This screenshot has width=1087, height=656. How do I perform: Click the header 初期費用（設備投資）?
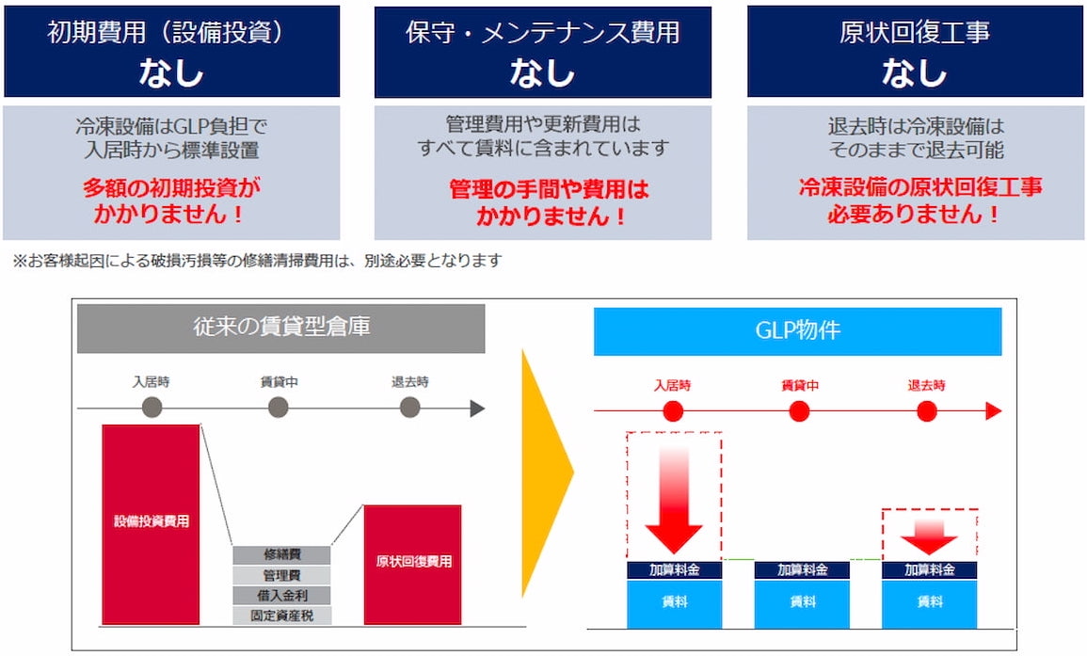[166, 32]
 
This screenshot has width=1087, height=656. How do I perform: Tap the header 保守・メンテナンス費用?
[543, 32]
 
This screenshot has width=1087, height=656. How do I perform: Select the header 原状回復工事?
[915, 32]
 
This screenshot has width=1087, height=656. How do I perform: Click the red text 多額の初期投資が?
[171, 187]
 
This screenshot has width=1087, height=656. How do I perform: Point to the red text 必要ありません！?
[915, 214]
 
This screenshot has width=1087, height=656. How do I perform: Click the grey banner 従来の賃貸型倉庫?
[280, 328]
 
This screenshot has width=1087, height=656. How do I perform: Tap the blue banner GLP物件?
[798, 330]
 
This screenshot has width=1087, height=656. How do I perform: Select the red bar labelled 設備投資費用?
[152, 525]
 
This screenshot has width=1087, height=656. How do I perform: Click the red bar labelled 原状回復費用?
[412, 565]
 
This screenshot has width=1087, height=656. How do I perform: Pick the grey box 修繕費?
[281, 554]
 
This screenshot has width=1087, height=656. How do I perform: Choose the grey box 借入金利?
[281, 596]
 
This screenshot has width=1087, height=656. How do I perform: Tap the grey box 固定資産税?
[281, 616]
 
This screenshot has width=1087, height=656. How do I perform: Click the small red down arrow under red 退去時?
[929, 536]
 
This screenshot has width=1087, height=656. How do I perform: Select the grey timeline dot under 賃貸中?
[278, 407]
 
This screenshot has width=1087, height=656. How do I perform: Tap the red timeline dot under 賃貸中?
[799, 411]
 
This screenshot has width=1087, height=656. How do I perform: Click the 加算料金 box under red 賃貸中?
[802, 570]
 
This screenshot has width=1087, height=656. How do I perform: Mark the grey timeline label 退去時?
[409, 381]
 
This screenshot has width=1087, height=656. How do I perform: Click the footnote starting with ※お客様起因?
[257, 261]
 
